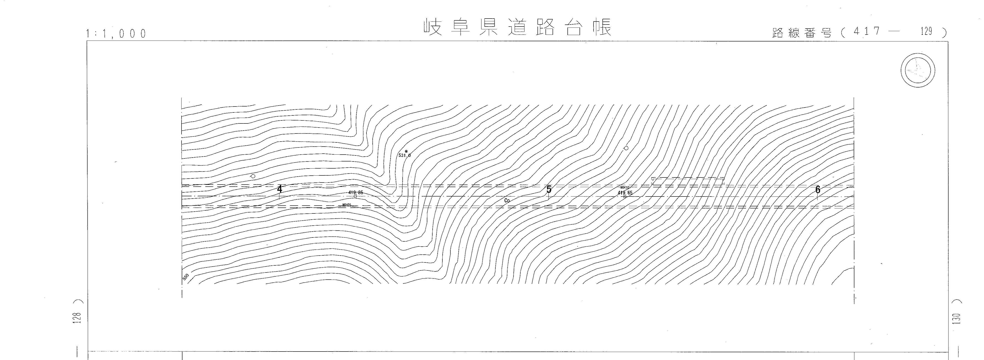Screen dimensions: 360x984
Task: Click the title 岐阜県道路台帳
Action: click(517, 27)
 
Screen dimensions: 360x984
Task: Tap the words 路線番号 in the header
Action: click(801, 33)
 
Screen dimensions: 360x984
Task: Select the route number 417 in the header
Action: click(864, 32)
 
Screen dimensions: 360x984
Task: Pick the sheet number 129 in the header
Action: click(926, 31)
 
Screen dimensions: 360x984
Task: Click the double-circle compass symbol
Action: click(918, 71)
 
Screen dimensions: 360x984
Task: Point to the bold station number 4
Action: click(280, 189)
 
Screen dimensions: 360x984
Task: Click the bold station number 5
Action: click(549, 189)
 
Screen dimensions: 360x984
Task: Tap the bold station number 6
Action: click(817, 190)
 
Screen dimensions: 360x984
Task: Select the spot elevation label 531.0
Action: click(404, 155)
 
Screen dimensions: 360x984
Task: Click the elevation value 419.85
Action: click(356, 193)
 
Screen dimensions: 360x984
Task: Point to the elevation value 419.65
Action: click(625, 193)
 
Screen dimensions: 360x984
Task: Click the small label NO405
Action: click(347, 205)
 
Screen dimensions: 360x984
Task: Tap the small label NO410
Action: click(625, 188)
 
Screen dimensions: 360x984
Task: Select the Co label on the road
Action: click(507, 200)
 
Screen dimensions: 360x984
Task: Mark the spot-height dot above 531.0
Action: click(406, 151)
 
